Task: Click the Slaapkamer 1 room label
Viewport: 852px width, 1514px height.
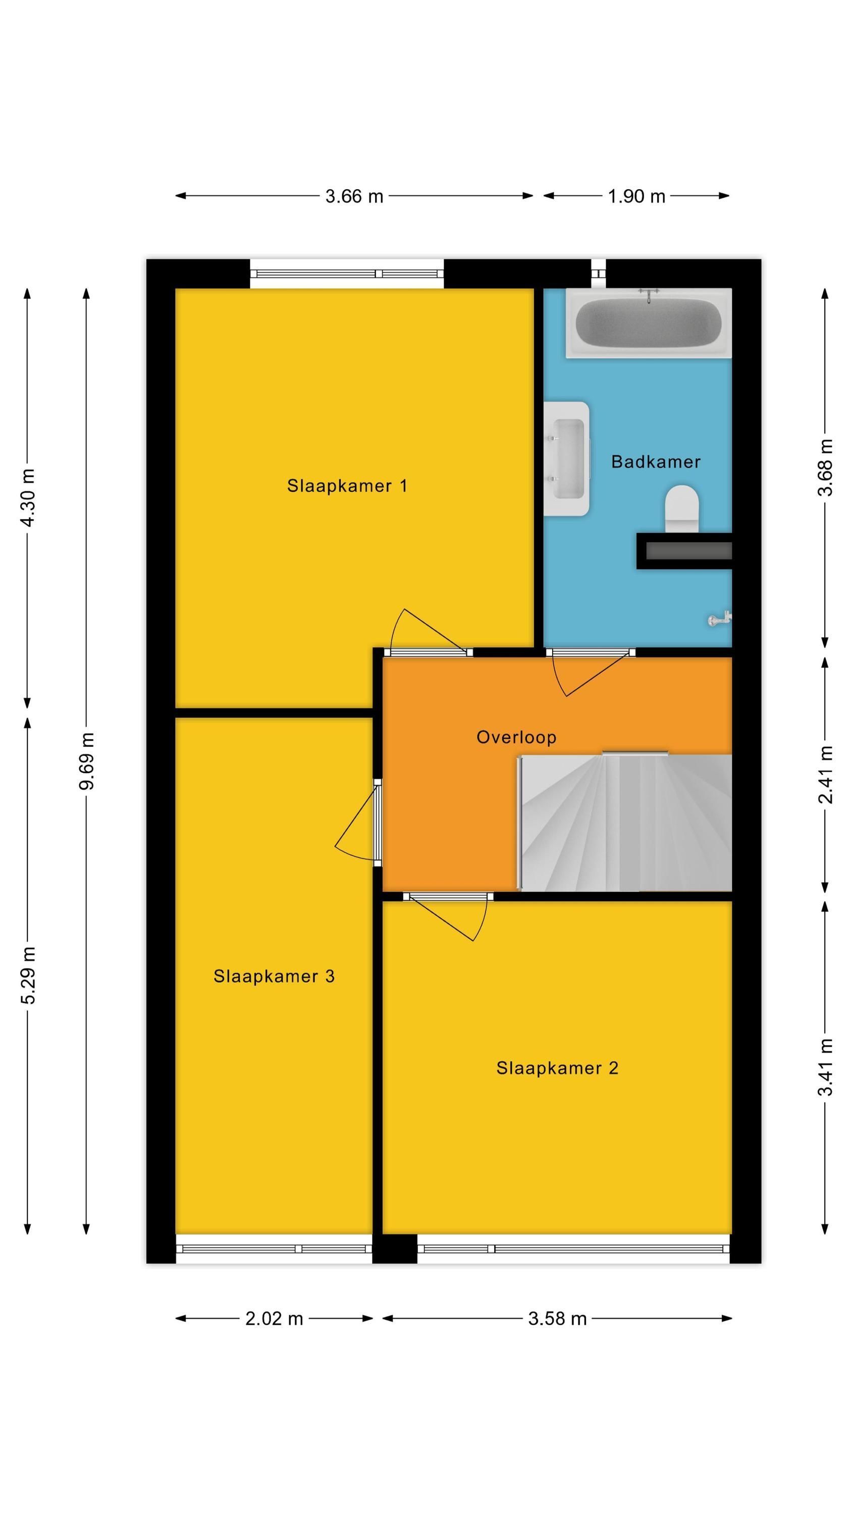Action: [346, 485]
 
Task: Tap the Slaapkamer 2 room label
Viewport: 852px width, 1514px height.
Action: [557, 1068]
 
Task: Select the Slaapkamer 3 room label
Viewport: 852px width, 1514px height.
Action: [274, 976]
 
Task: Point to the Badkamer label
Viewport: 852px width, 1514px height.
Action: [656, 461]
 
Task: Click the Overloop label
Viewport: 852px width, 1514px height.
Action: [516, 737]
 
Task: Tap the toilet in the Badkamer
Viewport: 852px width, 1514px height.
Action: [681, 508]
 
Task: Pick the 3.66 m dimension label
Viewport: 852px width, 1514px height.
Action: [354, 196]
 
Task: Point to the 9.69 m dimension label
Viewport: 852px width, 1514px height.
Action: [86, 761]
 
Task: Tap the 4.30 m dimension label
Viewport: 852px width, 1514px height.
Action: [28, 497]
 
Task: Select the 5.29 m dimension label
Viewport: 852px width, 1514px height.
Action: [28, 975]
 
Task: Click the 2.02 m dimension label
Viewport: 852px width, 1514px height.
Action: [274, 1318]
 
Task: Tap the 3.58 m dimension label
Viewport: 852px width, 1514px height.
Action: [557, 1318]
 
